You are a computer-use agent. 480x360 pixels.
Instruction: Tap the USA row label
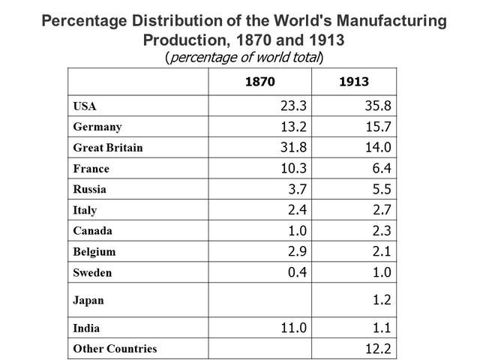click(84, 106)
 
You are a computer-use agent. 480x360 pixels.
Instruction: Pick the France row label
click(91, 169)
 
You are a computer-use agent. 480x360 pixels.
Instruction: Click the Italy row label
click(85, 211)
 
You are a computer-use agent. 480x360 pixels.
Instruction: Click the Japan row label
click(88, 300)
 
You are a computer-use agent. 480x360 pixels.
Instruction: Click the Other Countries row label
click(115, 349)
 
